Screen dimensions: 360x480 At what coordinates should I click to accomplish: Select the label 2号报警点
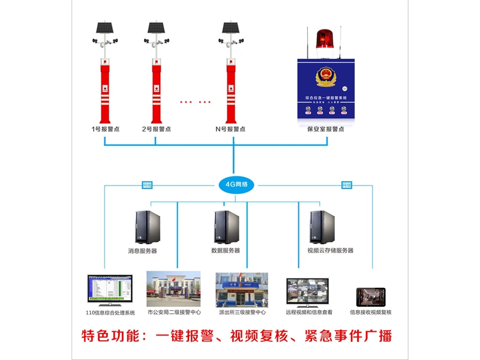[x=156, y=129]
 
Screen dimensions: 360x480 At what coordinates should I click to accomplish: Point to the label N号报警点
[x=230, y=129]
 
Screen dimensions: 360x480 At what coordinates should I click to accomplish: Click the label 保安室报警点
[x=326, y=129]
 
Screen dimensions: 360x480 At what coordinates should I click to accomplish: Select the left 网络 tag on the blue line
[x=147, y=185]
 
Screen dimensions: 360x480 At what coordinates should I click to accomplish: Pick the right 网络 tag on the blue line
[x=346, y=185]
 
